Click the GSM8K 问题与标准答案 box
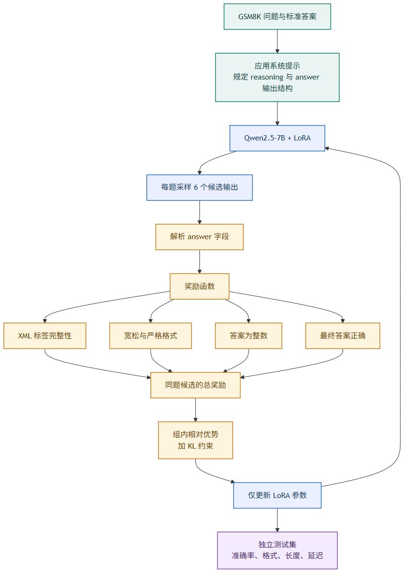[x=277, y=16]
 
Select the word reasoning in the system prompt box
[x=267, y=78]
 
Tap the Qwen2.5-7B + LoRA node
[x=277, y=138]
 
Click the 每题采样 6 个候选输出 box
[x=200, y=187]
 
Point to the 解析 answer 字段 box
[x=200, y=237]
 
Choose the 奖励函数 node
[x=200, y=286]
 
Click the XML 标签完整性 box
[x=45, y=335]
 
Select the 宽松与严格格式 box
[x=151, y=335]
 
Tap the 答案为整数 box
[x=249, y=335]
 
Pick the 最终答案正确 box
[x=343, y=335]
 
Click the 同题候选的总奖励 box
[x=195, y=385]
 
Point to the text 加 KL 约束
[x=195, y=446]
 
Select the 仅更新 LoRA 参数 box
[x=277, y=495]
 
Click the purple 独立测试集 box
[x=277, y=550]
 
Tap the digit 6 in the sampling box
[x=196, y=187]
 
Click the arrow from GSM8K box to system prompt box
[x=277, y=41]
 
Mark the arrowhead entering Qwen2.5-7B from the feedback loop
[x=327, y=149]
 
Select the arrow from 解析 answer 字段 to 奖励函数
[x=200, y=262]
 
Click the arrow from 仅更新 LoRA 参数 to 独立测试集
[x=277, y=520]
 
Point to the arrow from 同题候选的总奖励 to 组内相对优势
[x=195, y=410]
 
